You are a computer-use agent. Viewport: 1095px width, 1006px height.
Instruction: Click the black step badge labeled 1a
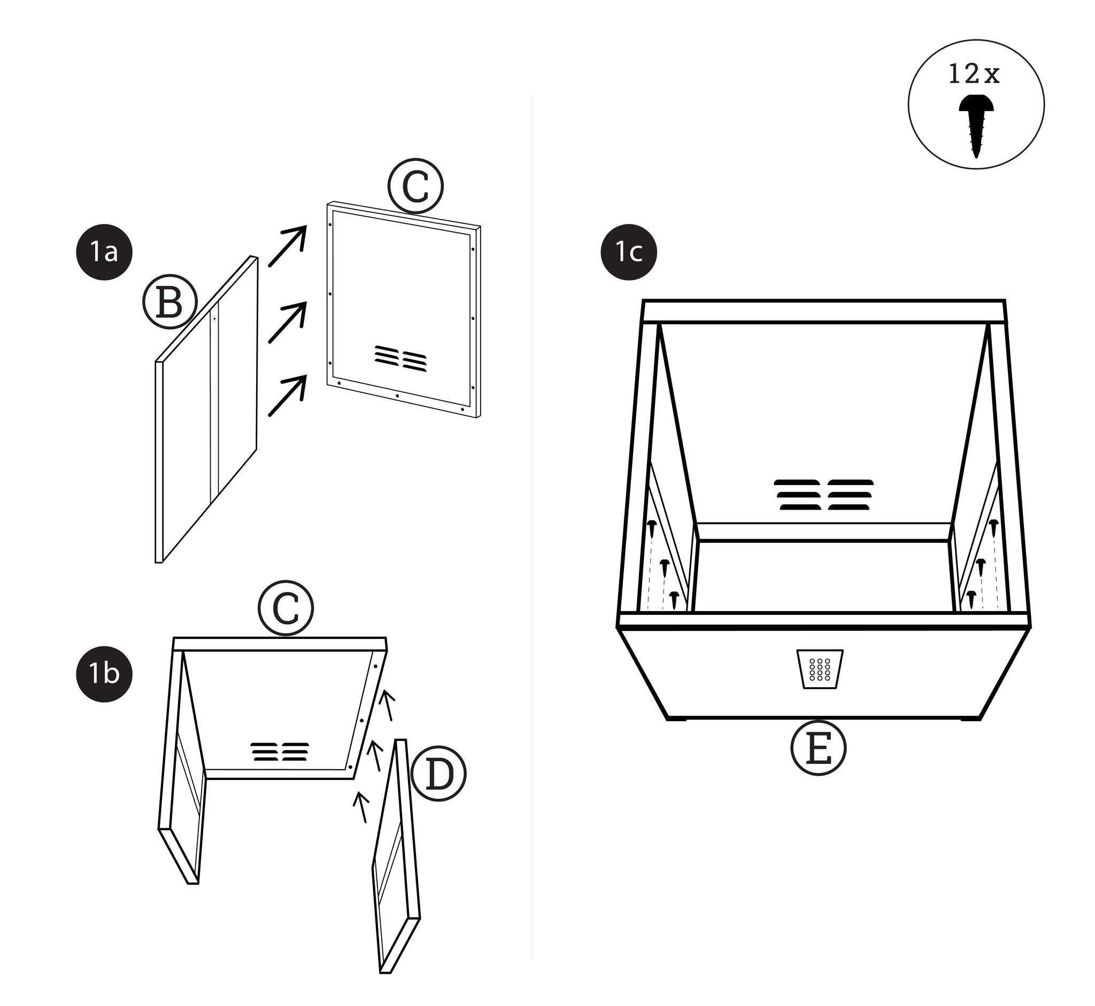(104, 252)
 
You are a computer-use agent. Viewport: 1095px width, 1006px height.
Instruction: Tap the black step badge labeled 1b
(104, 674)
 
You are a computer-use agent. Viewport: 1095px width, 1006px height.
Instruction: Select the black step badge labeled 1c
(628, 252)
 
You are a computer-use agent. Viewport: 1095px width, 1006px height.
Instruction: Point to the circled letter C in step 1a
(415, 186)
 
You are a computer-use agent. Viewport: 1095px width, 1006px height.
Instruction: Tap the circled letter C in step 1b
(286, 608)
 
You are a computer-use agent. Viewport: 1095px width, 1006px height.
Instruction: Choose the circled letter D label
(438, 774)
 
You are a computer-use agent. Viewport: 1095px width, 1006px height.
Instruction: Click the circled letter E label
(818, 748)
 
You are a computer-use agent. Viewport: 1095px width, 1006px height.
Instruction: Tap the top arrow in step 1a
(288, 246)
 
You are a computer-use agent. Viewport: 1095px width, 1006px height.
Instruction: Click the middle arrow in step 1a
(288, 322)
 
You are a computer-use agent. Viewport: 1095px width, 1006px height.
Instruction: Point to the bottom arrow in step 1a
(288, 396)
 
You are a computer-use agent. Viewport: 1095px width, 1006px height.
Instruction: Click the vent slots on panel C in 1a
(400, 358)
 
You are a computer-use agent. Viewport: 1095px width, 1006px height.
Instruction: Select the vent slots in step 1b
(280, 751)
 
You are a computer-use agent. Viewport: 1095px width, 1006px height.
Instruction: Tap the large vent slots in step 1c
(824, 494)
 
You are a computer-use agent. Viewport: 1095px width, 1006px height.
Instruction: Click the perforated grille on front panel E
(820, 669)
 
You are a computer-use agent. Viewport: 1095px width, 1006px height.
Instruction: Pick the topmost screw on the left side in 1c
(652, 526)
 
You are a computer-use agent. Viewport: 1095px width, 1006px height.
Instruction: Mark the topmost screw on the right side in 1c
(993, 525)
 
